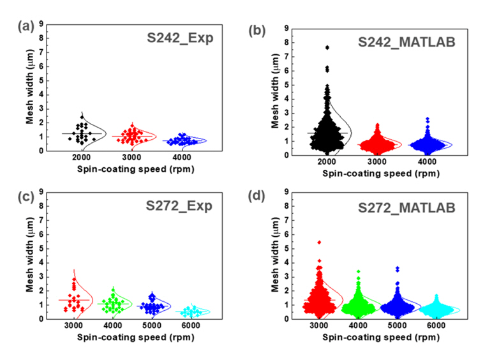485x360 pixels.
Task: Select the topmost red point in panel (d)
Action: click(318, 242)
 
